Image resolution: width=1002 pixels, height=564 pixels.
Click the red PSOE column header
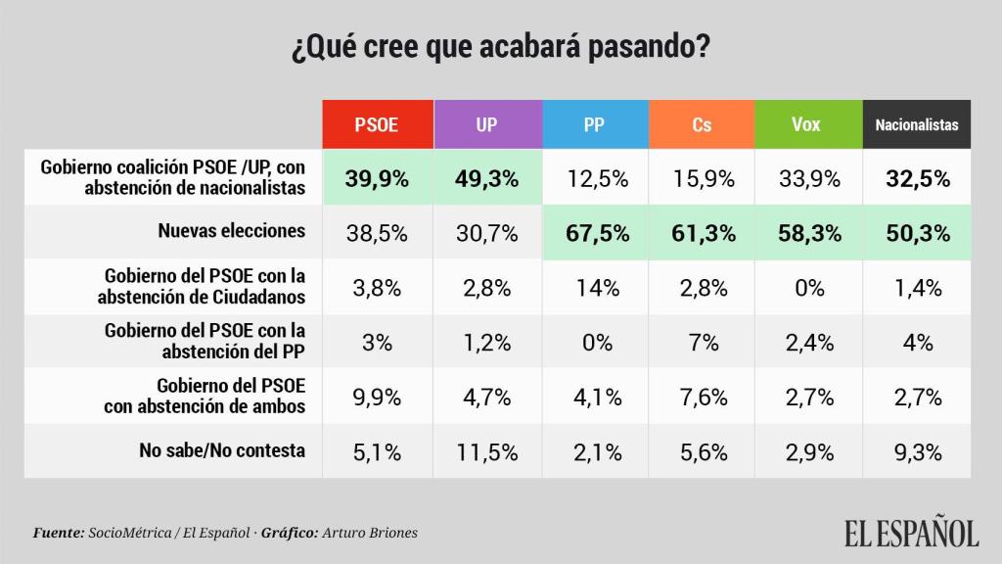pos(377,124)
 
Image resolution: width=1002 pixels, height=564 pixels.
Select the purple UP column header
pos(485,124)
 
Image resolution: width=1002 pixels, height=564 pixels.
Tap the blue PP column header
pos(593,124)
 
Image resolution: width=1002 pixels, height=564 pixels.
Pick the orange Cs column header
pos(701,124)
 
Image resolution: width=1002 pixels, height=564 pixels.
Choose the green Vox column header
pos(807,124)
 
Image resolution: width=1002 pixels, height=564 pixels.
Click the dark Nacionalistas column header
pos(916,124)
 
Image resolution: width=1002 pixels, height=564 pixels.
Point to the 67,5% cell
pos(593,233)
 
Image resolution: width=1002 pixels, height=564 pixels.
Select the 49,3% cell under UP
pos(485,178)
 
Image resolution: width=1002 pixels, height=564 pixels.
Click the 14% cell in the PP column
pos(593,288)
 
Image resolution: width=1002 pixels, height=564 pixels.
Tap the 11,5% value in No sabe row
pos(485,451)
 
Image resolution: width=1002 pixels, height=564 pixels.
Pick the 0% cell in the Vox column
pos(807,288)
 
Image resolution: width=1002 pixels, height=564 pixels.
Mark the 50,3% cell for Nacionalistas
pos(916,233)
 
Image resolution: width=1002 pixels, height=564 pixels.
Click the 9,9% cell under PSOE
pos(377,397)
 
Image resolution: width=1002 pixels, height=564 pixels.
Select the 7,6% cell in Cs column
pos(701,397)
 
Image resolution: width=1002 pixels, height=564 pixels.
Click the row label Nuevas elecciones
pos(232,232)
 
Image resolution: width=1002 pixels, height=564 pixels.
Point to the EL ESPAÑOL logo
pos(911,533)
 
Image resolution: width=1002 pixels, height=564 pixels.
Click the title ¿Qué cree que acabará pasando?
pos(500,47)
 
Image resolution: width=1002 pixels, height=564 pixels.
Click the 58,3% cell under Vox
pos(807,233)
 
